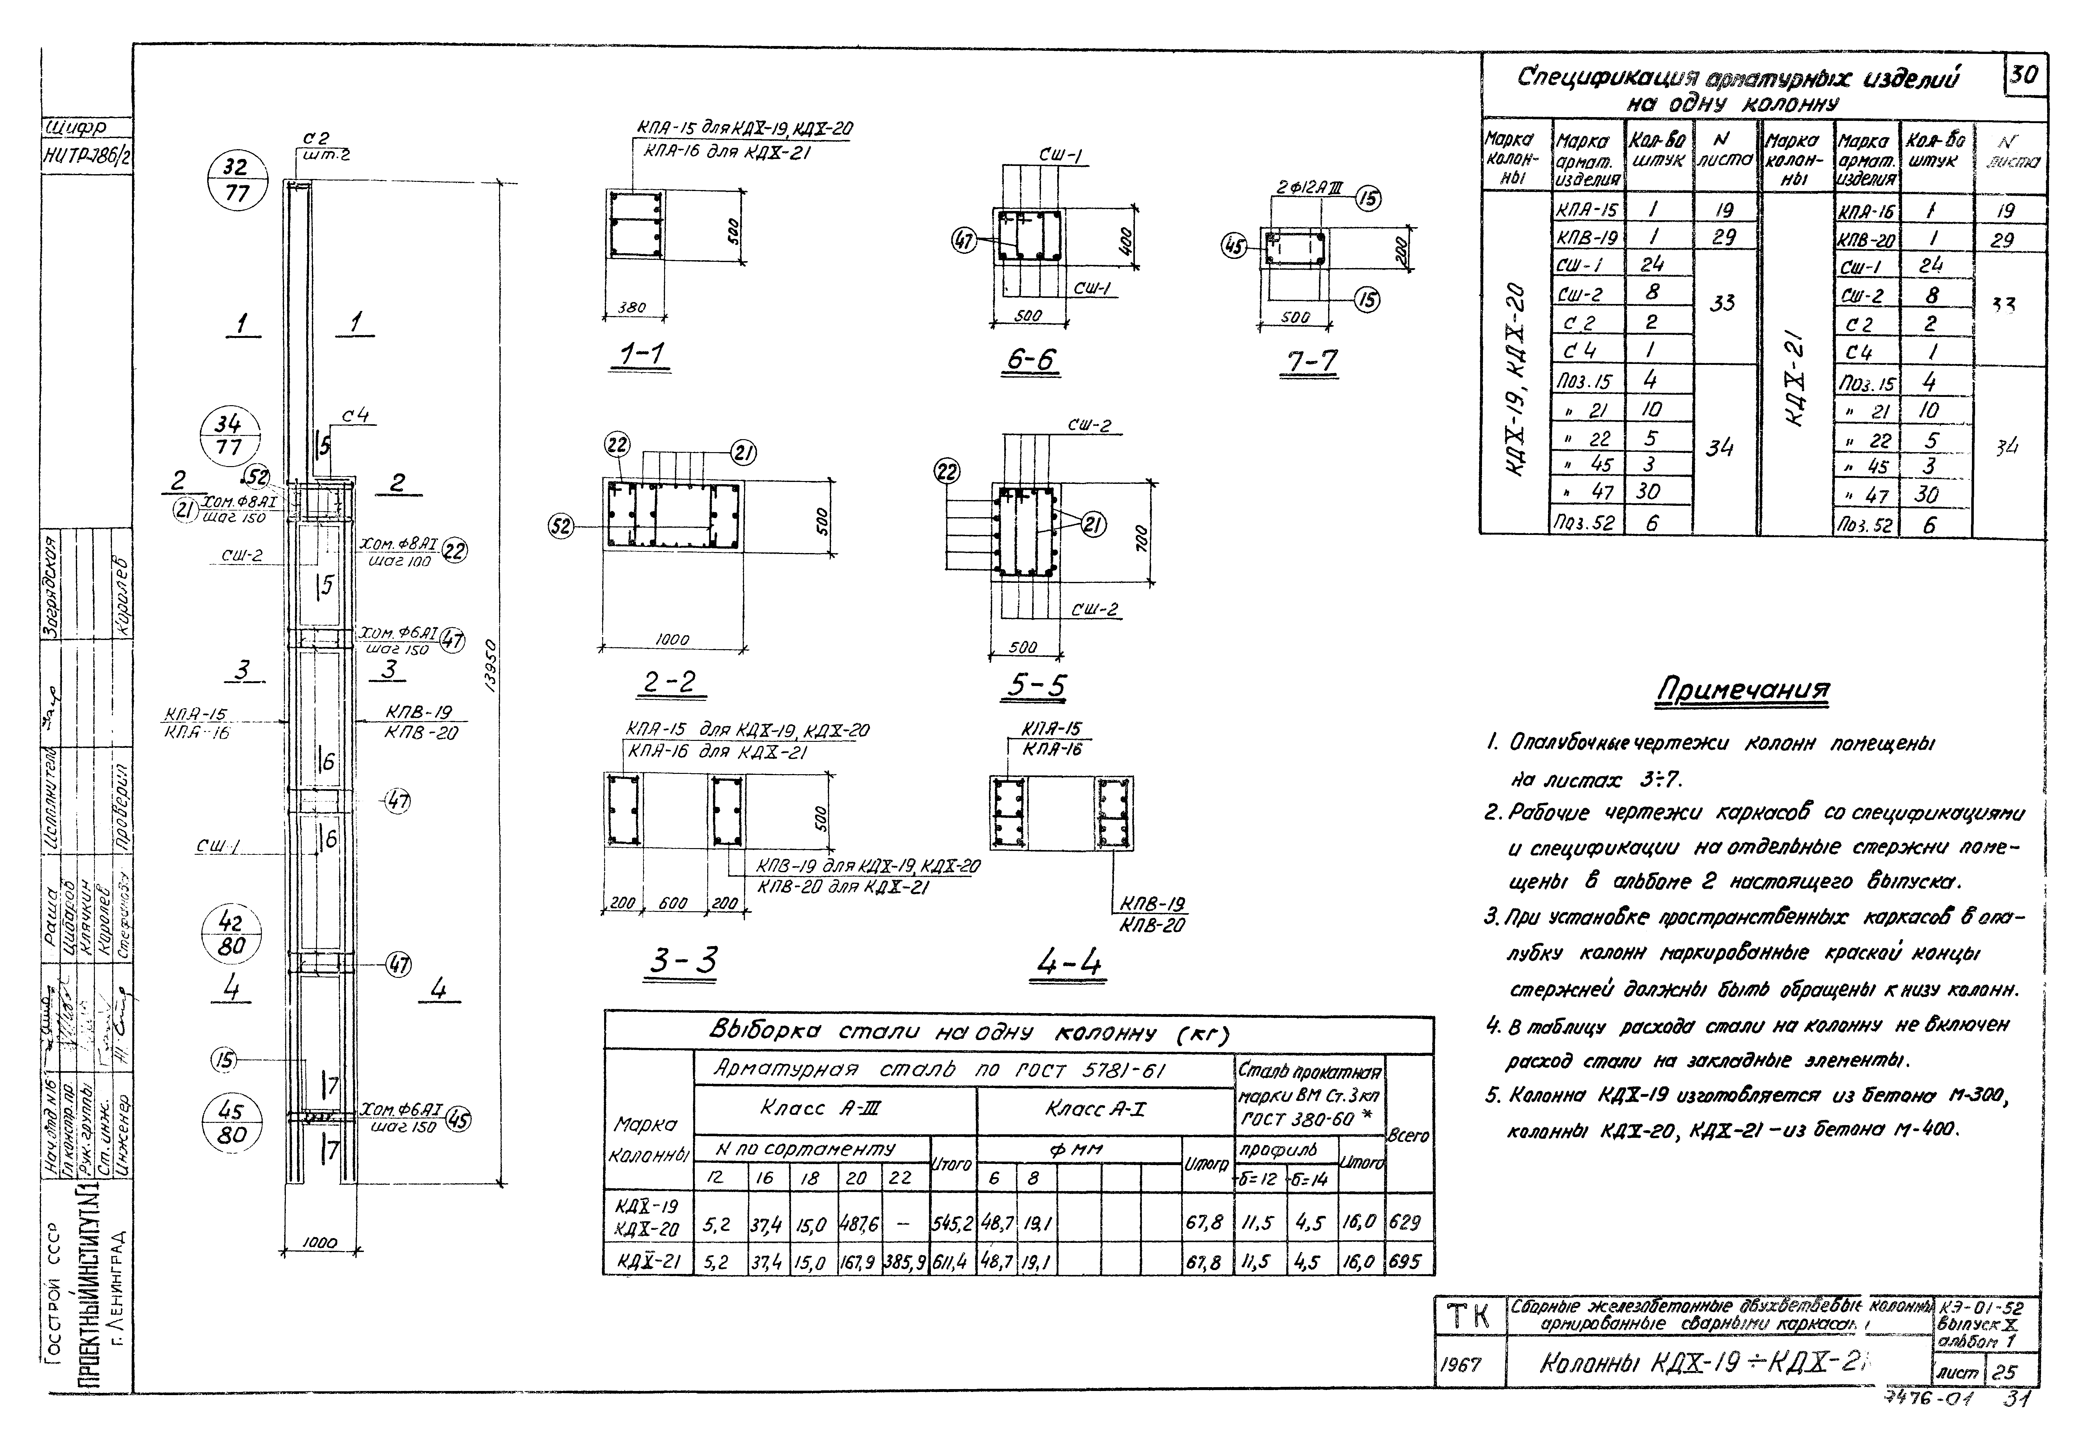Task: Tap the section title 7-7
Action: coord(1310,362)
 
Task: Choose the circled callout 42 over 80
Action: coord(231,934)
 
